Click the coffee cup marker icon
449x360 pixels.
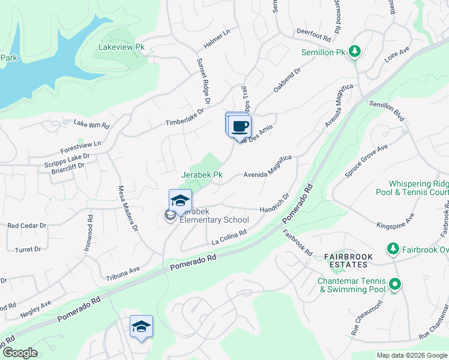pyautogui.click(x=240, y=127)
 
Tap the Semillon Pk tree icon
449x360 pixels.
pyautogui.click(x=355, y=52)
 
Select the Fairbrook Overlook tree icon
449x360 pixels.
pyautogui.click(x=393, y=248)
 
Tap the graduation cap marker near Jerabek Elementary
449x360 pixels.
pyautogui.click(x=180, y=201)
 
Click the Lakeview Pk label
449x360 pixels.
pyautogui.click(x=122, y=46)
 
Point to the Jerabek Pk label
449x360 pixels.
pyautogui.click(x=202, y=175)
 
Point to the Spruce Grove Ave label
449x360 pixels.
pyautogui.click(x=366, y=160)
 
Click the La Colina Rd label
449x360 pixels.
pyautogui.click(x=229, y=237)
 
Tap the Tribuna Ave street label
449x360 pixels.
pyautogui.click(x=122, y=274)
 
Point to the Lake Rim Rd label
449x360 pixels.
pyautogui.click(x=91, y=125)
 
